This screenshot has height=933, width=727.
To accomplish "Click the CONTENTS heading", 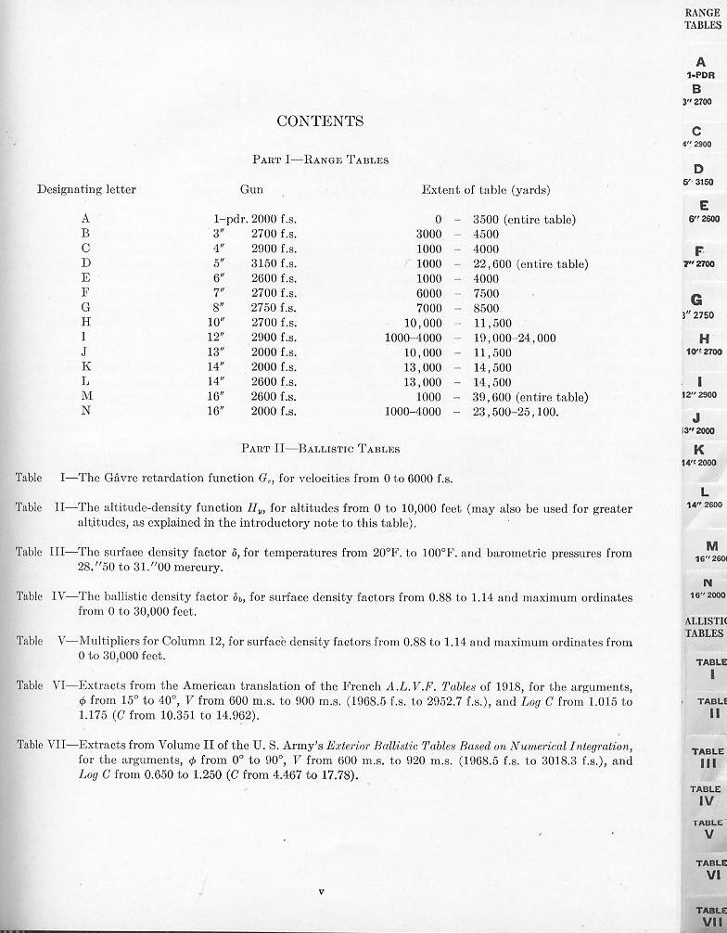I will click(320, 121).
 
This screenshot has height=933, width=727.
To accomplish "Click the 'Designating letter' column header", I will click(86, 189).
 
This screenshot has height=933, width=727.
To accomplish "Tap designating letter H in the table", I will click(85, 323).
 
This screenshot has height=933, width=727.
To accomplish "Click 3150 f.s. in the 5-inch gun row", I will click(274, 264).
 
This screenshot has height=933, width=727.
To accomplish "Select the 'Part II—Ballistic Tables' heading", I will click(320, 449).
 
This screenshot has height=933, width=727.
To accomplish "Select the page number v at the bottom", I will click(320, 892).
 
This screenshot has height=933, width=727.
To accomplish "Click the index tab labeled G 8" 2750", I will click(701, 307).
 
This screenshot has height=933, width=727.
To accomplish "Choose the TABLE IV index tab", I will click(706, 795).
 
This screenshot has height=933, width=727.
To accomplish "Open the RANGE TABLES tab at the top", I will click(703, 19).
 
